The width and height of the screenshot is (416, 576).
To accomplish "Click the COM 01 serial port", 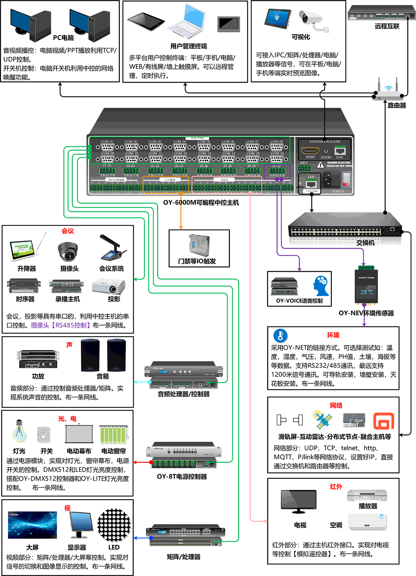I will coord(107,147).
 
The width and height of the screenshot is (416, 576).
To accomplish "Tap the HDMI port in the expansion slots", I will coord(310,151).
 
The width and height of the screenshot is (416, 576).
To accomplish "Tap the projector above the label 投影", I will coord(109,287).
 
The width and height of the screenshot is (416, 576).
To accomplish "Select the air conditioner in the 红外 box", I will coord(367,522).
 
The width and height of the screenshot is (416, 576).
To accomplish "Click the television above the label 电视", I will coord(299,501).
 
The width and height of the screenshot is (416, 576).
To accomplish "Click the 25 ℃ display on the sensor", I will coord(366,292).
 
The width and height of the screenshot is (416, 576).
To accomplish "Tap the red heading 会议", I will coord(68,231).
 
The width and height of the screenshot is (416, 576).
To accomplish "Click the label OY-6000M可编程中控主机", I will coord(201,203).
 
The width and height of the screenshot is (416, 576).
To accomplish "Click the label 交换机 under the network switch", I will coord(365,243).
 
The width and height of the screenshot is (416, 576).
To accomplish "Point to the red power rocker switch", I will coord(346,178).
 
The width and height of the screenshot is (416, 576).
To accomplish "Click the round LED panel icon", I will coord(114,525).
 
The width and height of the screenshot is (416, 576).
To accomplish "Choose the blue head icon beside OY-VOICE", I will coord(321,285).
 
